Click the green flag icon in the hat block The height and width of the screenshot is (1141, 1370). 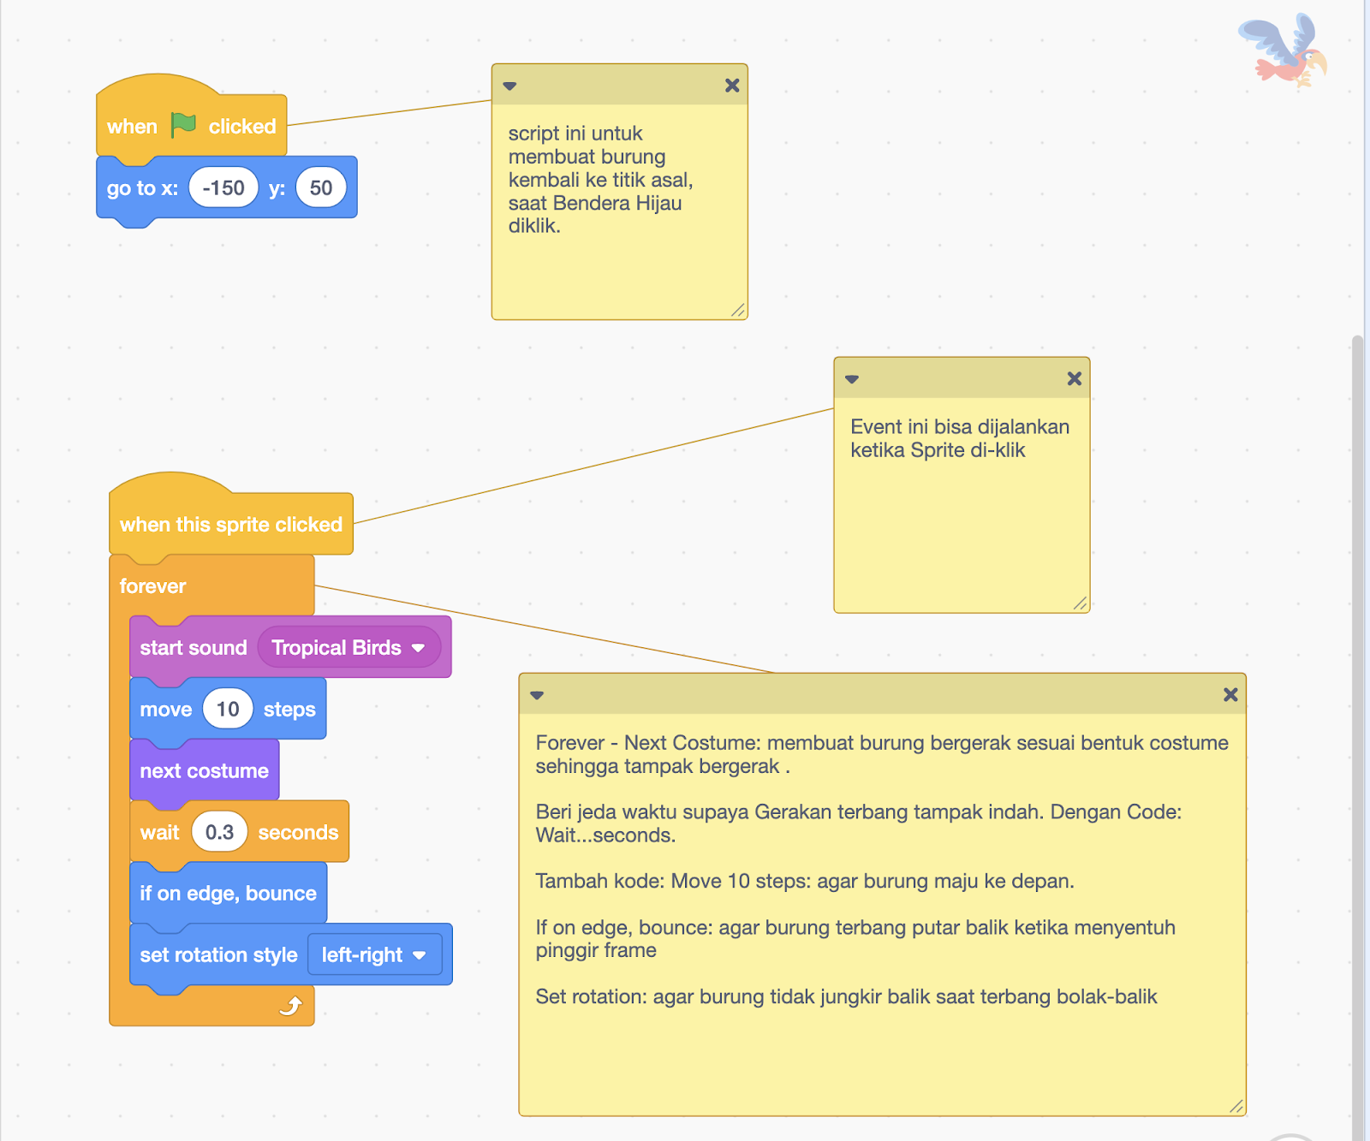[x=183, y=125]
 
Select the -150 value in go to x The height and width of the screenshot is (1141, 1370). [x=223, y=188]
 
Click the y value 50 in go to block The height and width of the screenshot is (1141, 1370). [x=321, y=188]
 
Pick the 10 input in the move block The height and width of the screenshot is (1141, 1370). [x=228, y=710]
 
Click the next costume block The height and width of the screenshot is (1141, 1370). [x=204, y=771]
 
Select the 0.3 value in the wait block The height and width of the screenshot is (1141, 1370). [x=219, y=832]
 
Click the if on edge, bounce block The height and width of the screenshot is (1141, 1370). [x=228, y=894]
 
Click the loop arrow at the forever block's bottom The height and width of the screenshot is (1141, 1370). [x=291, y=1006]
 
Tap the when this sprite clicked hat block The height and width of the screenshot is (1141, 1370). [x=230, y=525]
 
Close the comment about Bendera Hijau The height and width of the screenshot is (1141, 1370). [x=732, y=86]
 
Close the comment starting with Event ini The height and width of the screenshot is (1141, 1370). [x=1075, y=379]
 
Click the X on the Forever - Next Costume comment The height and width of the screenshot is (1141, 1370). [x=1230, y=695]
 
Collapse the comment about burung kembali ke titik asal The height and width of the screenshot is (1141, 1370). [x=510, y=86]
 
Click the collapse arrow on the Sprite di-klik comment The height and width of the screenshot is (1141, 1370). [x=852, y=379]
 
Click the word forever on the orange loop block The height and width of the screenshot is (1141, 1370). [x=152, y=586]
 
